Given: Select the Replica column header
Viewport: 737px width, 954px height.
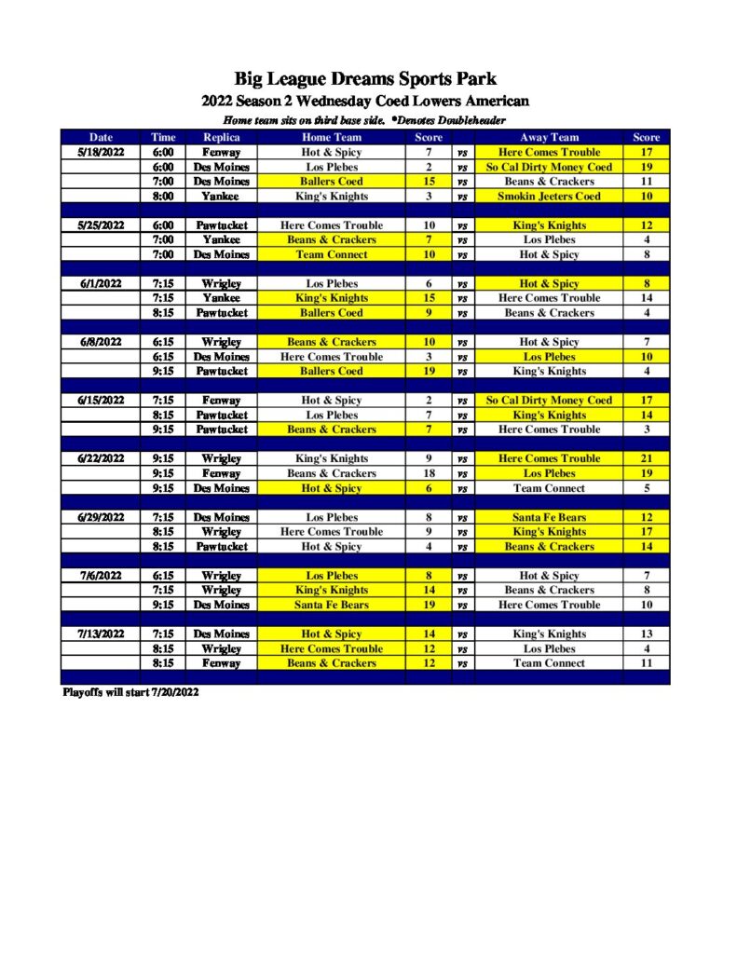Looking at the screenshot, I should (221, 137).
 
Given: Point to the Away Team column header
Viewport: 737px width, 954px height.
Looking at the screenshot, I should (549, 137).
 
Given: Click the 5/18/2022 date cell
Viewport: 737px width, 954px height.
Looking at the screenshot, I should (101, 152).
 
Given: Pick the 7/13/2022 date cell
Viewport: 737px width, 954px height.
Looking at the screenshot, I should (101, 634).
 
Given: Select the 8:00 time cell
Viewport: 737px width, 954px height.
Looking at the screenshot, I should (163, 196).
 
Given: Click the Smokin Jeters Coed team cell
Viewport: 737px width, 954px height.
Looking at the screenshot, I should (549, 196).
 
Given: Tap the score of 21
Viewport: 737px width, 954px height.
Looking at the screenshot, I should (646, 458).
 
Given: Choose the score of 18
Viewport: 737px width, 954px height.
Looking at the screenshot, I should (429, 473).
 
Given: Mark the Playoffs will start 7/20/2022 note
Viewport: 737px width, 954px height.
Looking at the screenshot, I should (130, 692).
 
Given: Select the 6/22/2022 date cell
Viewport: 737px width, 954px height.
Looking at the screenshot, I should (101, 458).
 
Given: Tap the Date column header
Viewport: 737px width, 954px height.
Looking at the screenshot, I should (101, 137).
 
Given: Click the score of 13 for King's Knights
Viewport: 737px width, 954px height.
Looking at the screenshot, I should (646, 634).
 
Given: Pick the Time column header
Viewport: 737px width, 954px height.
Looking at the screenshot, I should (163, 137).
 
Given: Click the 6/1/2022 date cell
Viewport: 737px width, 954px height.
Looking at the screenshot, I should (101, 283).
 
